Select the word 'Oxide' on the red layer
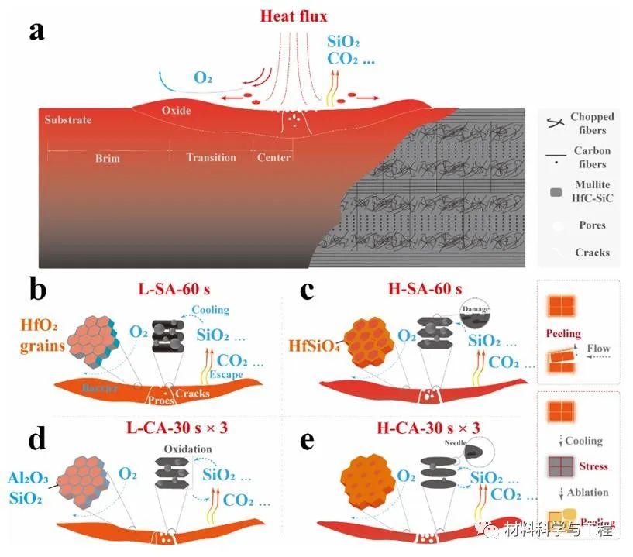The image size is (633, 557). pyautogui.click(x=176, y=110)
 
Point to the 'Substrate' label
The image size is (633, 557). pyautogui.click(x=67, y=120)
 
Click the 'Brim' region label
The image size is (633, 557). pyautogui.click(x=108, y=158)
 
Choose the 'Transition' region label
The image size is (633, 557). pyautogui.click(x=211, y=158)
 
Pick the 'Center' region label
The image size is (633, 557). pyautogui.click(x=273, y=158)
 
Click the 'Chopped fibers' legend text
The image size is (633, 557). pyautogui.click(x=591, y=123)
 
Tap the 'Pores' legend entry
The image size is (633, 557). pyautogui.click(x=591, y=225)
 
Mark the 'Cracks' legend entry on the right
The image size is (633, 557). pyautogui.click(x=591, y=253)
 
